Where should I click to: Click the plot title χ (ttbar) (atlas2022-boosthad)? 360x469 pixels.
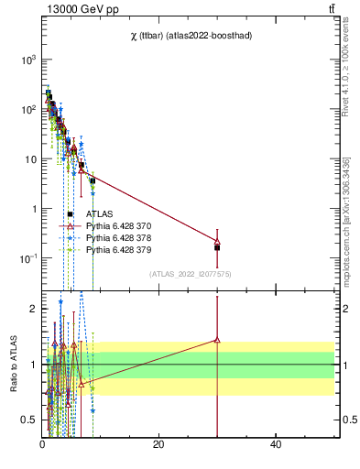[190, 35]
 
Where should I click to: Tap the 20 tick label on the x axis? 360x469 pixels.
[158, 444]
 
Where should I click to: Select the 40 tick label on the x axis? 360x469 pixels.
[276, 444]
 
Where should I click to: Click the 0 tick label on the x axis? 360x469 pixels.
[42, 444]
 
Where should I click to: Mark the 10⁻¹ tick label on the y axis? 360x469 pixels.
[27, 259]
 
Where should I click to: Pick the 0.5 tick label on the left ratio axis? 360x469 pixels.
[28, 420]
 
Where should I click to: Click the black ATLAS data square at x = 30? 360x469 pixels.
[217, 247]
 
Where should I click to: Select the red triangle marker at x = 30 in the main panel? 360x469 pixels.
[217, 241]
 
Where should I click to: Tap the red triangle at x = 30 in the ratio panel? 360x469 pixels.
[217, 340]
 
